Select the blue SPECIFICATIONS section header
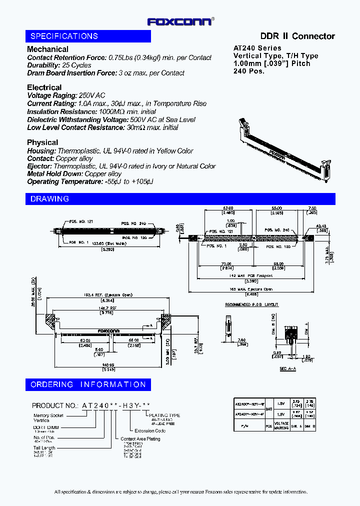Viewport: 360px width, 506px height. [x=88, y=36]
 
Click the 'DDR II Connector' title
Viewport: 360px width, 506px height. [x=297, y=36]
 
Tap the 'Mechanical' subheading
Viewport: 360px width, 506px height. [x=47, y=49]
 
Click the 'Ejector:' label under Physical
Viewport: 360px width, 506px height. [x=39, y=166]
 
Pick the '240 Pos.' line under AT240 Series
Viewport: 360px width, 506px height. [x=248, y=71]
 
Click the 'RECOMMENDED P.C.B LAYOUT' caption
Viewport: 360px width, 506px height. [x=251, y=304]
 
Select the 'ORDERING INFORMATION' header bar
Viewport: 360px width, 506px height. [x=88, y=384]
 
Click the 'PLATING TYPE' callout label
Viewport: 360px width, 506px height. [x=164, y=415]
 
